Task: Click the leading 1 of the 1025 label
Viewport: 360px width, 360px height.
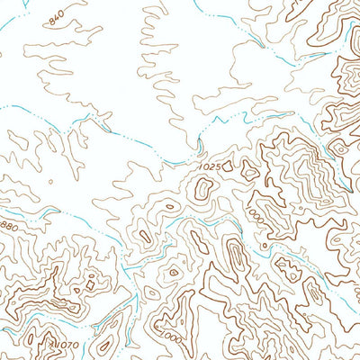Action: click(199, 166)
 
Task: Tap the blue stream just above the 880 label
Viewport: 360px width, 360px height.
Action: click(27, 212)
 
